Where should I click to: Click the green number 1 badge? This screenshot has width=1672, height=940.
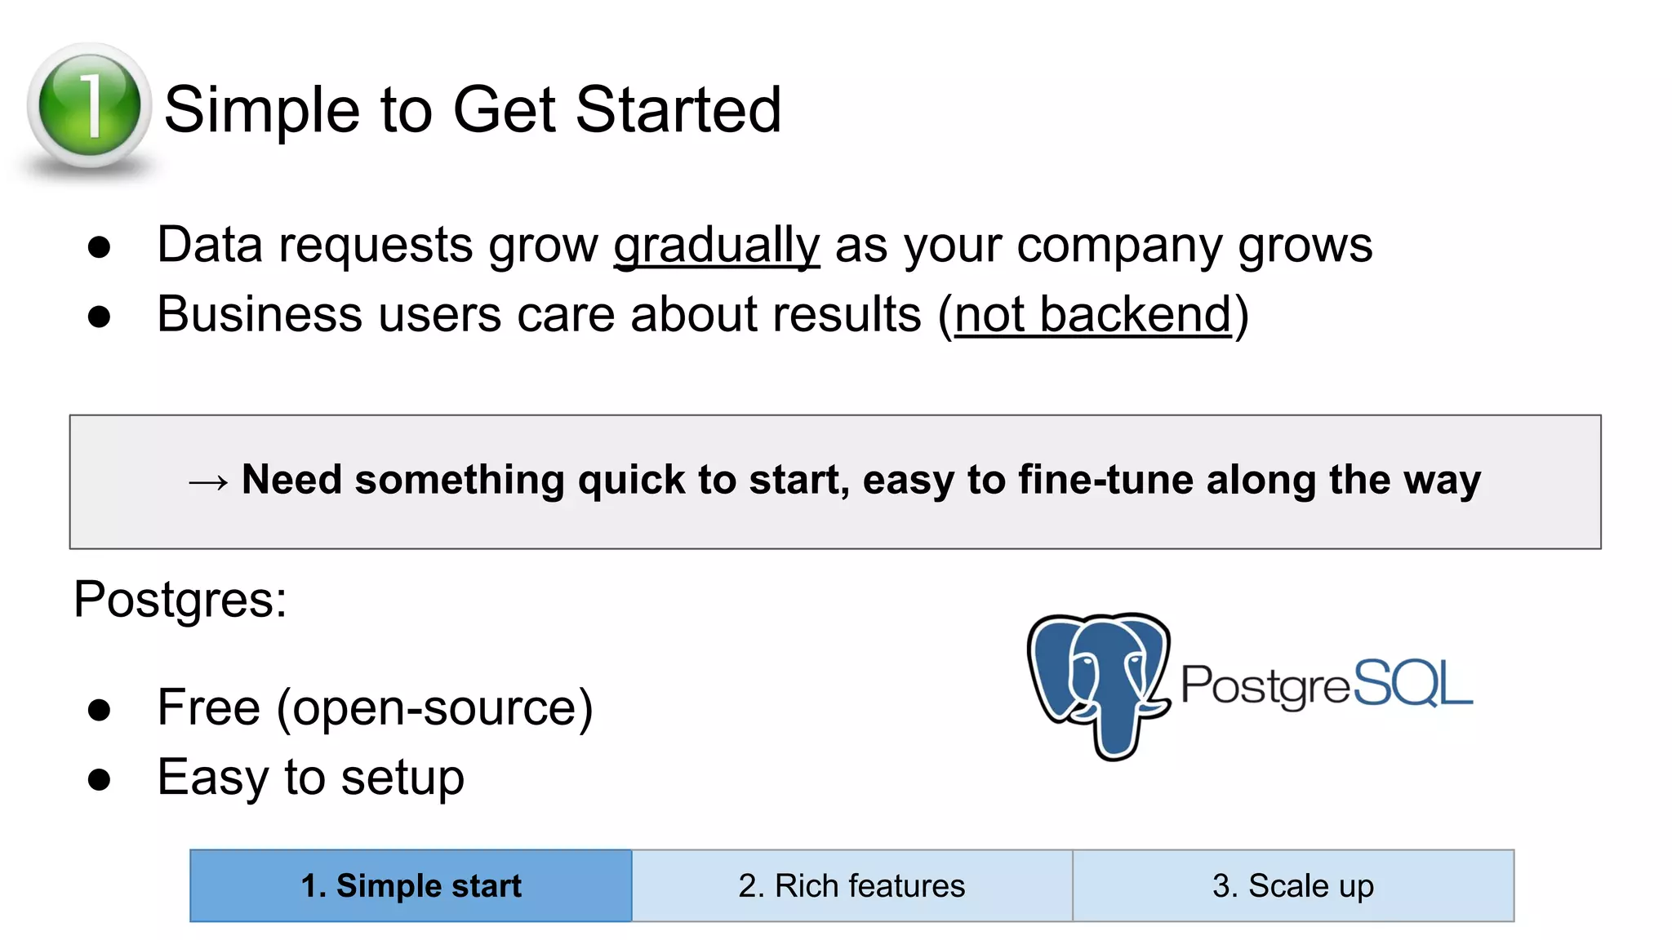click(89, 106)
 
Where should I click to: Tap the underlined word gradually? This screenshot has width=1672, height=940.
click(716, 245)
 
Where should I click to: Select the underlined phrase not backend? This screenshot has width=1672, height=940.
click(1092, 315)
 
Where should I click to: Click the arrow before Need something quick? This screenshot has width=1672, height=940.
click(207, 482)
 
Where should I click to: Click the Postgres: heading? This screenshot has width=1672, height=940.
click(180, 600)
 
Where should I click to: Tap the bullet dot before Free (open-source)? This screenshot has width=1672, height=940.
click(99, 710)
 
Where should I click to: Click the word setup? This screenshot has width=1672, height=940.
click(402, 778)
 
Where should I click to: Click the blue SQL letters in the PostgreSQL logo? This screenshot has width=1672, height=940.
click(1412, 684)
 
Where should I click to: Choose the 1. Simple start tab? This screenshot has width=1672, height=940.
click(411, 886)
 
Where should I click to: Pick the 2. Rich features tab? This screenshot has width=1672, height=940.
click(852, 886)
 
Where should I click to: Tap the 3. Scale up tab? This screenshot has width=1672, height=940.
click(1293, 886)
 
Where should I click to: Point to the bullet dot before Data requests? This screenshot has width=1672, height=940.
click(99, 247)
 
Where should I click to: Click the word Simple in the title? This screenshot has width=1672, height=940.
click(261, 111)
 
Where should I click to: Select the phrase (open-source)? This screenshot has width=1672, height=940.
click(434, 708)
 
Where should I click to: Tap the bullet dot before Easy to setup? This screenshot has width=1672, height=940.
click(99, 779)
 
